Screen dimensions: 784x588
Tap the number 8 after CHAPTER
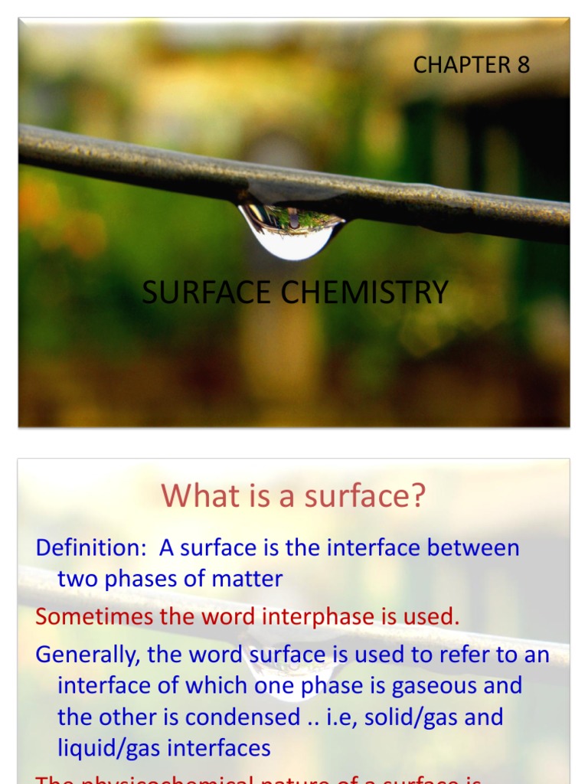523,65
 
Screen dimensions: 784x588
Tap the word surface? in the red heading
364,496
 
